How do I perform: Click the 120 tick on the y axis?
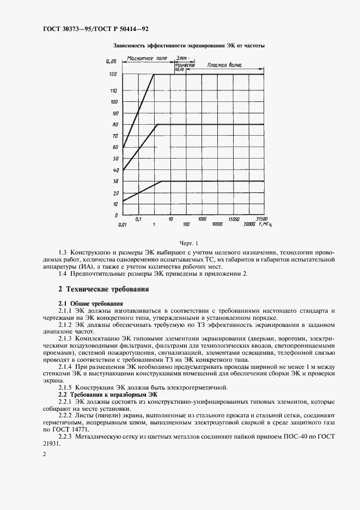(x=113, y=74)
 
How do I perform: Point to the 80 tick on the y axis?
(x=115, y=124)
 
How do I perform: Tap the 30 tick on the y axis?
(x=115, y=181)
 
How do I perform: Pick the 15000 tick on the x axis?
(x=234, y=218)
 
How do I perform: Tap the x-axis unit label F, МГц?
(x=265, y=224)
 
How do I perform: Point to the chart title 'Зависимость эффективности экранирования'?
(x=188, y=46)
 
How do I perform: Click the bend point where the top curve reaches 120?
(x=154, y=74)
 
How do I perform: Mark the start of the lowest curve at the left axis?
(x=123, y=201)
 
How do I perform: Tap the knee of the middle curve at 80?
(x=158, y=124)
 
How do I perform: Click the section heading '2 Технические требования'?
(x=103, y=289)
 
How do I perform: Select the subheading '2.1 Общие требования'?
(x=90, y=303)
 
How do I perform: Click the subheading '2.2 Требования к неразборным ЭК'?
(x=107, y=393)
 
